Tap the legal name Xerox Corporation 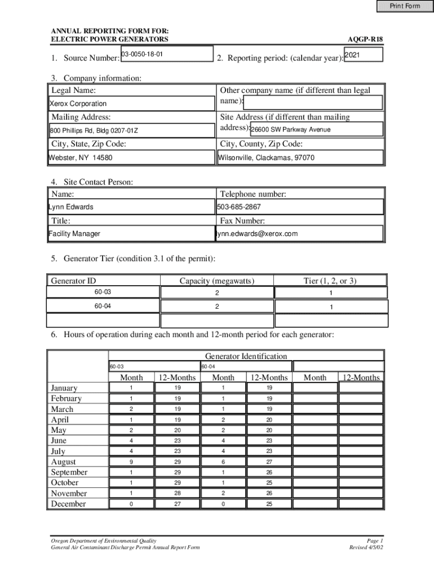[78, 104]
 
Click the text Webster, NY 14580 [81, 158]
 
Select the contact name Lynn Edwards [72, 207]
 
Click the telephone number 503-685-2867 [239, 207]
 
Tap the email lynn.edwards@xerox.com [257, 233]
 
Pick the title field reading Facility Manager [74, 233]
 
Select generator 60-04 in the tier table [103, 306]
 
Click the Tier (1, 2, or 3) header [330, 281]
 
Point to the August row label [63, 462]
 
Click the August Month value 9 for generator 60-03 [131, 462]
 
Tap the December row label [68, 504]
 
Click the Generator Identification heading [246, 356]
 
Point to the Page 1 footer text [374, 540]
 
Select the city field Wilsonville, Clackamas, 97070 [267, 158]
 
